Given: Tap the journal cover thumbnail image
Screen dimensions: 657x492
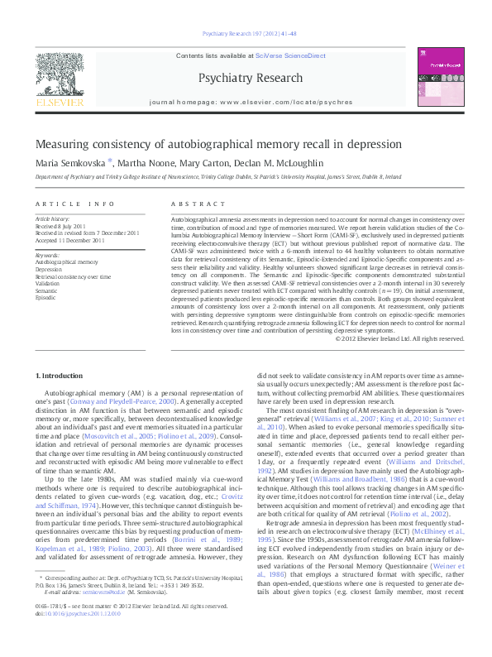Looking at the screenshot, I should tap(437, 80).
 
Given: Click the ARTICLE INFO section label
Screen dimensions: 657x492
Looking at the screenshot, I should tap(71, 204).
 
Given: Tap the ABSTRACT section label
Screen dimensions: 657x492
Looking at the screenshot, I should tap(188, 204).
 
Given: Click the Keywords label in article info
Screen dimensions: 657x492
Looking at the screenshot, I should tap(47, 256).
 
